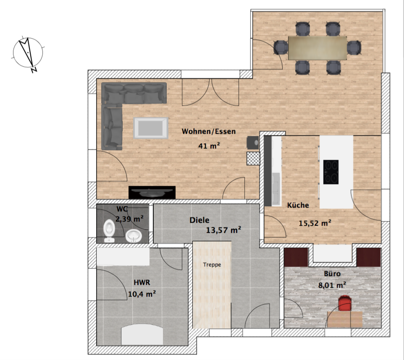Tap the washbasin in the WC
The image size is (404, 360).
point(134,236)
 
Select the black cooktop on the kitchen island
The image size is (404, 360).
point(331,172)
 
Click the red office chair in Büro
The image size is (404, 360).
point(345,303)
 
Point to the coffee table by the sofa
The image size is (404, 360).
point(151,128)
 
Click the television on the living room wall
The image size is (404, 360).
point(152,192)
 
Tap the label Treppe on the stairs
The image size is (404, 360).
point(212,265)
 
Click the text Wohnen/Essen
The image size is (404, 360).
point(209,131)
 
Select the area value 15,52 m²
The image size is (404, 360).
point(315,223)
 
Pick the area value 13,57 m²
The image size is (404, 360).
point(223,230)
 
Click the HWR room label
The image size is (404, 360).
point(142,282)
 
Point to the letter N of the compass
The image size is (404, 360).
point(34,70)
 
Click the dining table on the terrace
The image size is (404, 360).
point(317,48)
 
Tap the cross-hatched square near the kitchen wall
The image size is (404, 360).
point(253,158)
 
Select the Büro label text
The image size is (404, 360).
point(332,274)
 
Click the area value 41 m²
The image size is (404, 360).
point(209,146)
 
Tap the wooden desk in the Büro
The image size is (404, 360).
point(345,319)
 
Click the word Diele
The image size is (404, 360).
point(199,220)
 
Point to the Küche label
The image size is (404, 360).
point(298,205)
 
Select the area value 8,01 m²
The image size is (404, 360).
point(332,285)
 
